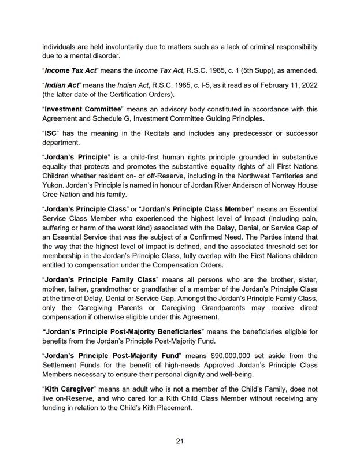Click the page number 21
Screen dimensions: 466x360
coord(180,441)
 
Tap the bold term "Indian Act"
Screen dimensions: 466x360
coord(65,85)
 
